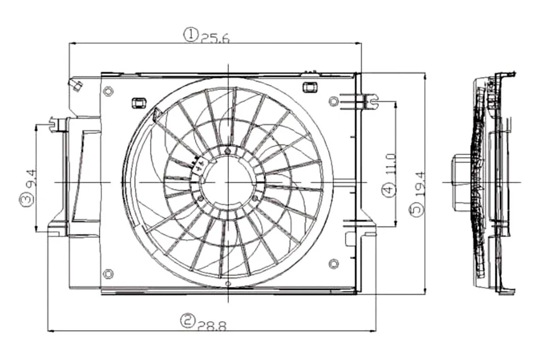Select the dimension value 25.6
215,38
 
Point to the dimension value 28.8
211,325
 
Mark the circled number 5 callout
416,210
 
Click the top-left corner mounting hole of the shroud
109,91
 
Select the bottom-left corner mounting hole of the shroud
109,273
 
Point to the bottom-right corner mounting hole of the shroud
334,263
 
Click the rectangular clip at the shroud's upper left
138,103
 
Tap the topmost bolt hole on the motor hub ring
227,151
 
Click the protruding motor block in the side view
461,182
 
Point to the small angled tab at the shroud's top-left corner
75,85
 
